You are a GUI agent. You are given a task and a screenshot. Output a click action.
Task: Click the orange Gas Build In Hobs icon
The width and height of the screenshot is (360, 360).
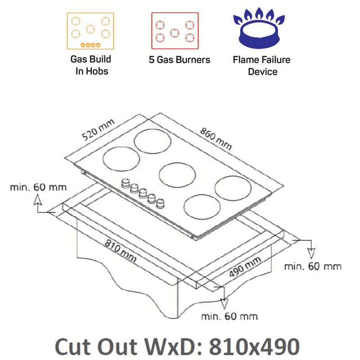pyautogui.click(x=90, y=31)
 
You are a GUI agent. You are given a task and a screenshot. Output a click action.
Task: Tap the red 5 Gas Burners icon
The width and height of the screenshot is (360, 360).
pyautogui.click(x=175, y=31)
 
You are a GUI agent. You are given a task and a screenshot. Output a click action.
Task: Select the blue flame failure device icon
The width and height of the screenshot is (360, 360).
pyautogui.click(x=259, y=30)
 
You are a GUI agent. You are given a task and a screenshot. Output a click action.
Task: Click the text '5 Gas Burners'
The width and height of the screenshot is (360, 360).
pyautogui.click(x=180, y=60)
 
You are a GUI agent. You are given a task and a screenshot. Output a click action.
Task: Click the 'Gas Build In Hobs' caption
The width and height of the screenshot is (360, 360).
pyautogui.click(x=90, y=65)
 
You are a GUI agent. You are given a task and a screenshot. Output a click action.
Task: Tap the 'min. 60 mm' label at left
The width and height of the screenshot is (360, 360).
pyautogui.click(x=38, y=187)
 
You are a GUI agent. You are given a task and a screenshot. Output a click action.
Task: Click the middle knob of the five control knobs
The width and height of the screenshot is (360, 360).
pyautogui.click(x=143, y=193)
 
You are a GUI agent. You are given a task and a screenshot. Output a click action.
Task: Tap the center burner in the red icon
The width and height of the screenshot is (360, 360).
pyautogui.click(x=175, y=32)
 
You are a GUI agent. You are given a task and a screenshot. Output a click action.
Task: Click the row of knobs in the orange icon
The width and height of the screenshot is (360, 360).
pyautogui.click(x=90, y=45)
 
